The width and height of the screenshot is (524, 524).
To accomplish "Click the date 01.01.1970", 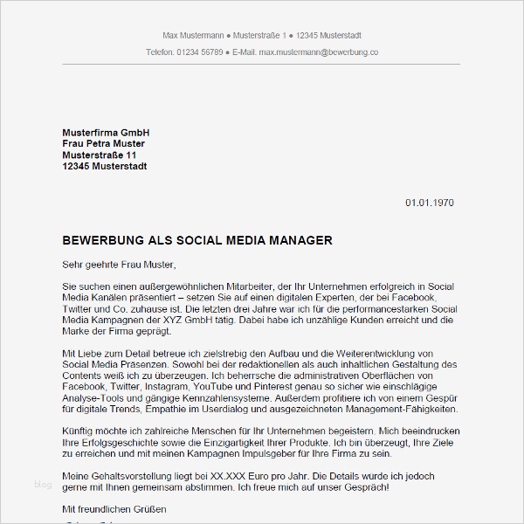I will pos(430,203).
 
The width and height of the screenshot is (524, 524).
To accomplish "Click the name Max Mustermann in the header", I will pos(192,35).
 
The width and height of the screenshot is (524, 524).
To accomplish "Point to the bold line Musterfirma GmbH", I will pos(100,132).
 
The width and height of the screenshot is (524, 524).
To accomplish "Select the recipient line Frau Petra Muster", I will pos(104,143).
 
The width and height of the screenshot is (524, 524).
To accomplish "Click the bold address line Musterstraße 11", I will pos(100,155).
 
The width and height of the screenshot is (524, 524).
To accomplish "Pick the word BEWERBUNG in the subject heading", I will pos(103,240).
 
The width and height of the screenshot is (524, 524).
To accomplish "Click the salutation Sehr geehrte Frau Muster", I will pos(120,264).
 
